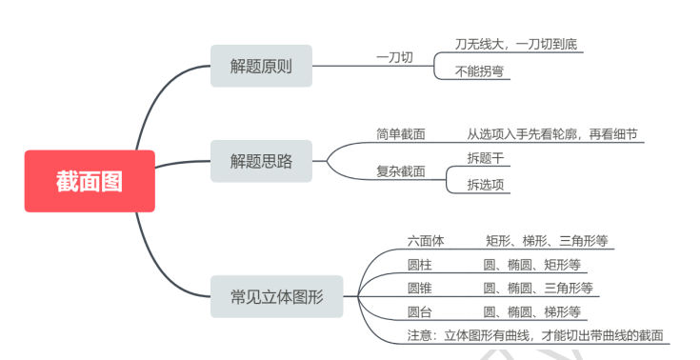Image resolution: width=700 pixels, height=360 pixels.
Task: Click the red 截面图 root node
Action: tap(90, 181)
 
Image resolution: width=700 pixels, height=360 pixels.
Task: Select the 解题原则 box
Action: tap(261, 67)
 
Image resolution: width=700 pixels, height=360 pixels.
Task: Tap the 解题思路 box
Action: tap(261, 161)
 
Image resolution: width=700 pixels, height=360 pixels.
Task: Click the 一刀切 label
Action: tap(394, 57)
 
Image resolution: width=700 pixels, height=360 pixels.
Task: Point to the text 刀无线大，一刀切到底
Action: tap(514, 44)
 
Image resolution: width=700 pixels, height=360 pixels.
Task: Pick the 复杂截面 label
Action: tap(401, 171)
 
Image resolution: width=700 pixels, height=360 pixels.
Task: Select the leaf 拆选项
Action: tap(483, 184)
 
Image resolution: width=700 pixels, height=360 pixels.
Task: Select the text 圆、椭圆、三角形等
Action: tap(538, 288)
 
